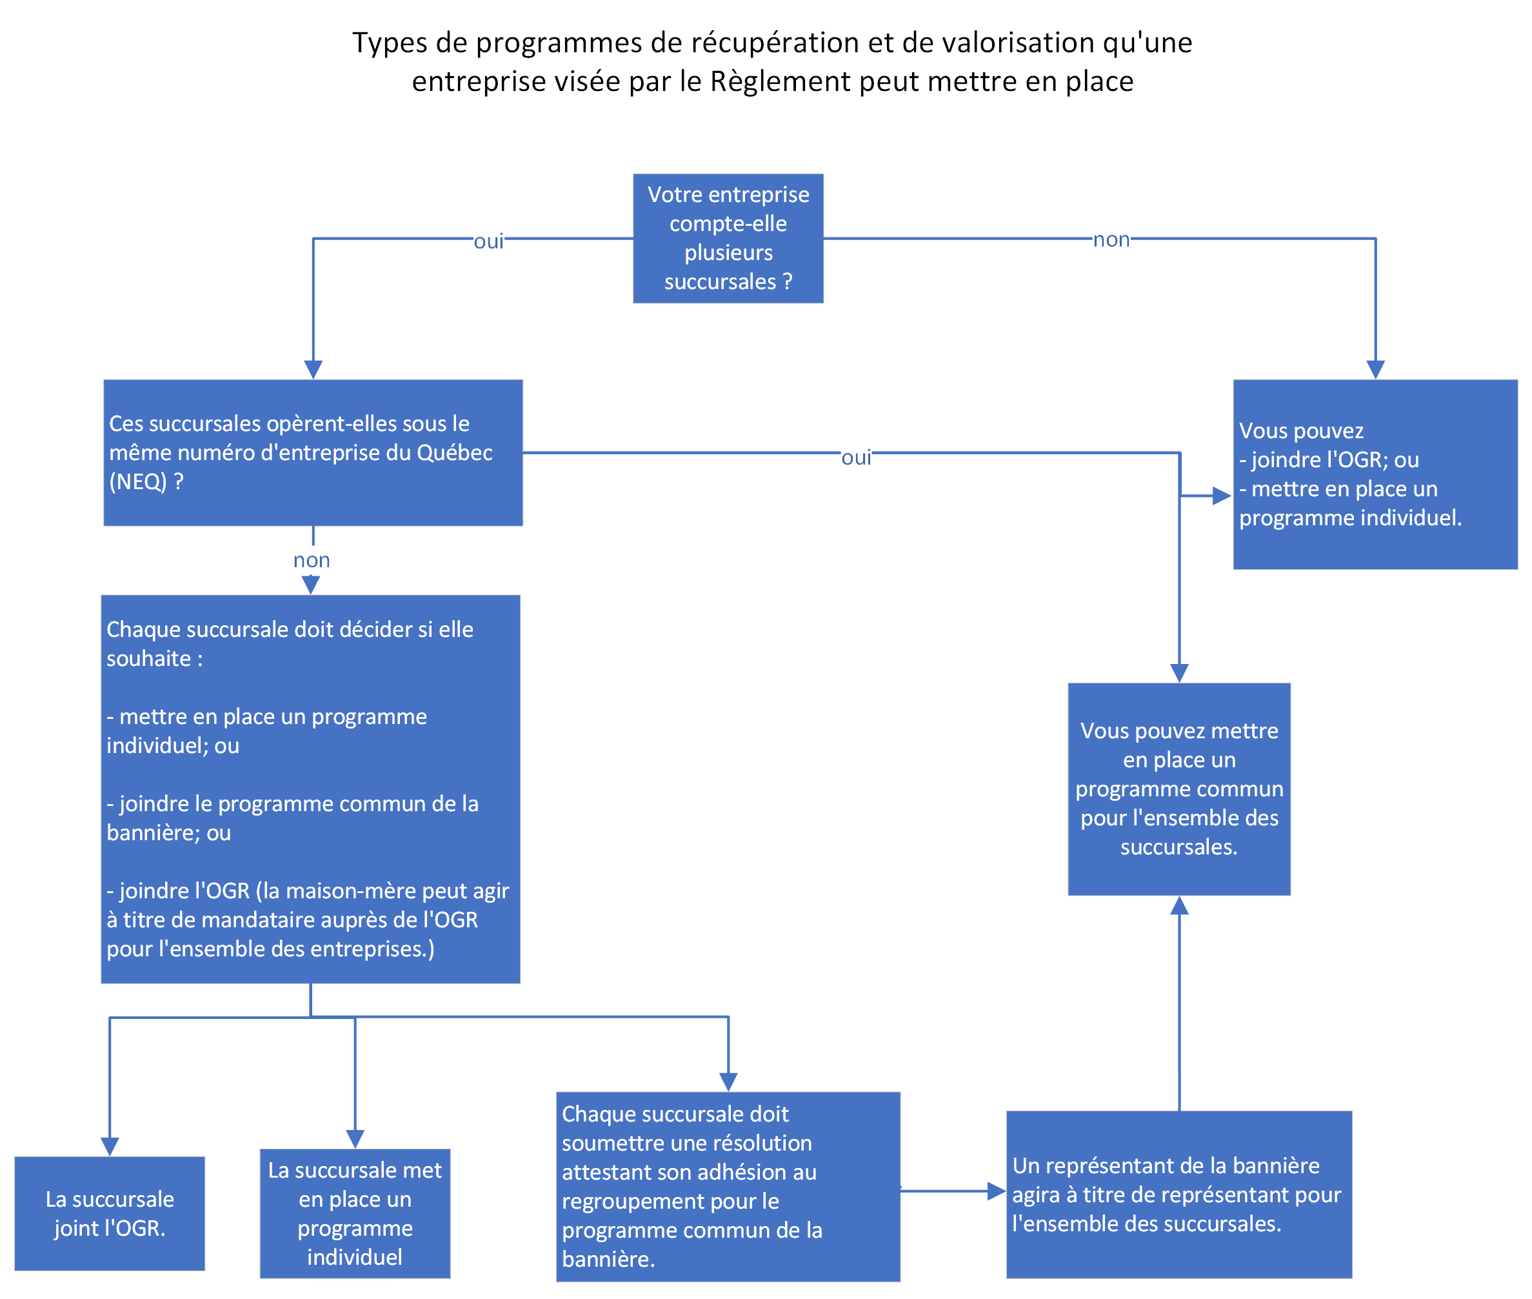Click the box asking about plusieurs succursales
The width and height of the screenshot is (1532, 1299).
pyautogui.click(x=728, y=238)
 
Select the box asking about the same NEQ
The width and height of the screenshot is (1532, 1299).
pyautogui.click(x=313, y=452)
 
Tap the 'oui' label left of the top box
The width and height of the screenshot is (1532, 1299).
pyautogui.click(x=488, y=241)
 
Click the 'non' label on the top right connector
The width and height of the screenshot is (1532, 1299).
pyautogui.click(x=1111, y=239)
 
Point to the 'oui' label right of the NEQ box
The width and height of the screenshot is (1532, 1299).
pyautogui.click(x=856, y=458)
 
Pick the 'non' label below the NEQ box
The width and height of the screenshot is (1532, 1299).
pyautogui.click(x=312, y=559)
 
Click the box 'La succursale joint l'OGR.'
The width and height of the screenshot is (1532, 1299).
pyautogui.click(x=110, y=1213)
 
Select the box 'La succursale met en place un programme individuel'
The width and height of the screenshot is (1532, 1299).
pyautogui.click(x=355, y=1213)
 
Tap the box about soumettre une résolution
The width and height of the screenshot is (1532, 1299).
pyautogui.click(x=728, y=1186)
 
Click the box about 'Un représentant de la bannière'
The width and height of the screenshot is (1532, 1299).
pyautogui.click(x=1179, y=1194)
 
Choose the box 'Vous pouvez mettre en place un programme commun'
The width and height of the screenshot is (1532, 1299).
pyautogui.click(x=1179, y=789)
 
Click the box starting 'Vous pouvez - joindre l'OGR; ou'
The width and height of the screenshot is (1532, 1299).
pyautogui.click(x=1375, y=474)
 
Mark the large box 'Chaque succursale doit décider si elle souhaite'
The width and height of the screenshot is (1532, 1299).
pyautogui.click(x=311, y=789)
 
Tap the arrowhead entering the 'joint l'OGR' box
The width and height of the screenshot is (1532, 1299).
pyautogui.click(x=110, y=1147)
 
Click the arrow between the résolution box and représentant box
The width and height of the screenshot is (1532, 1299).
pyautogui.click(x=953, y=1191)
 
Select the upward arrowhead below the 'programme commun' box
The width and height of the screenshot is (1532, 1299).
pyautogui.click(x=1179, y=905)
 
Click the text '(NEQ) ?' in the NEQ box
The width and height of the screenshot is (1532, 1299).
pyautogui.click(x=146, y=481)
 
